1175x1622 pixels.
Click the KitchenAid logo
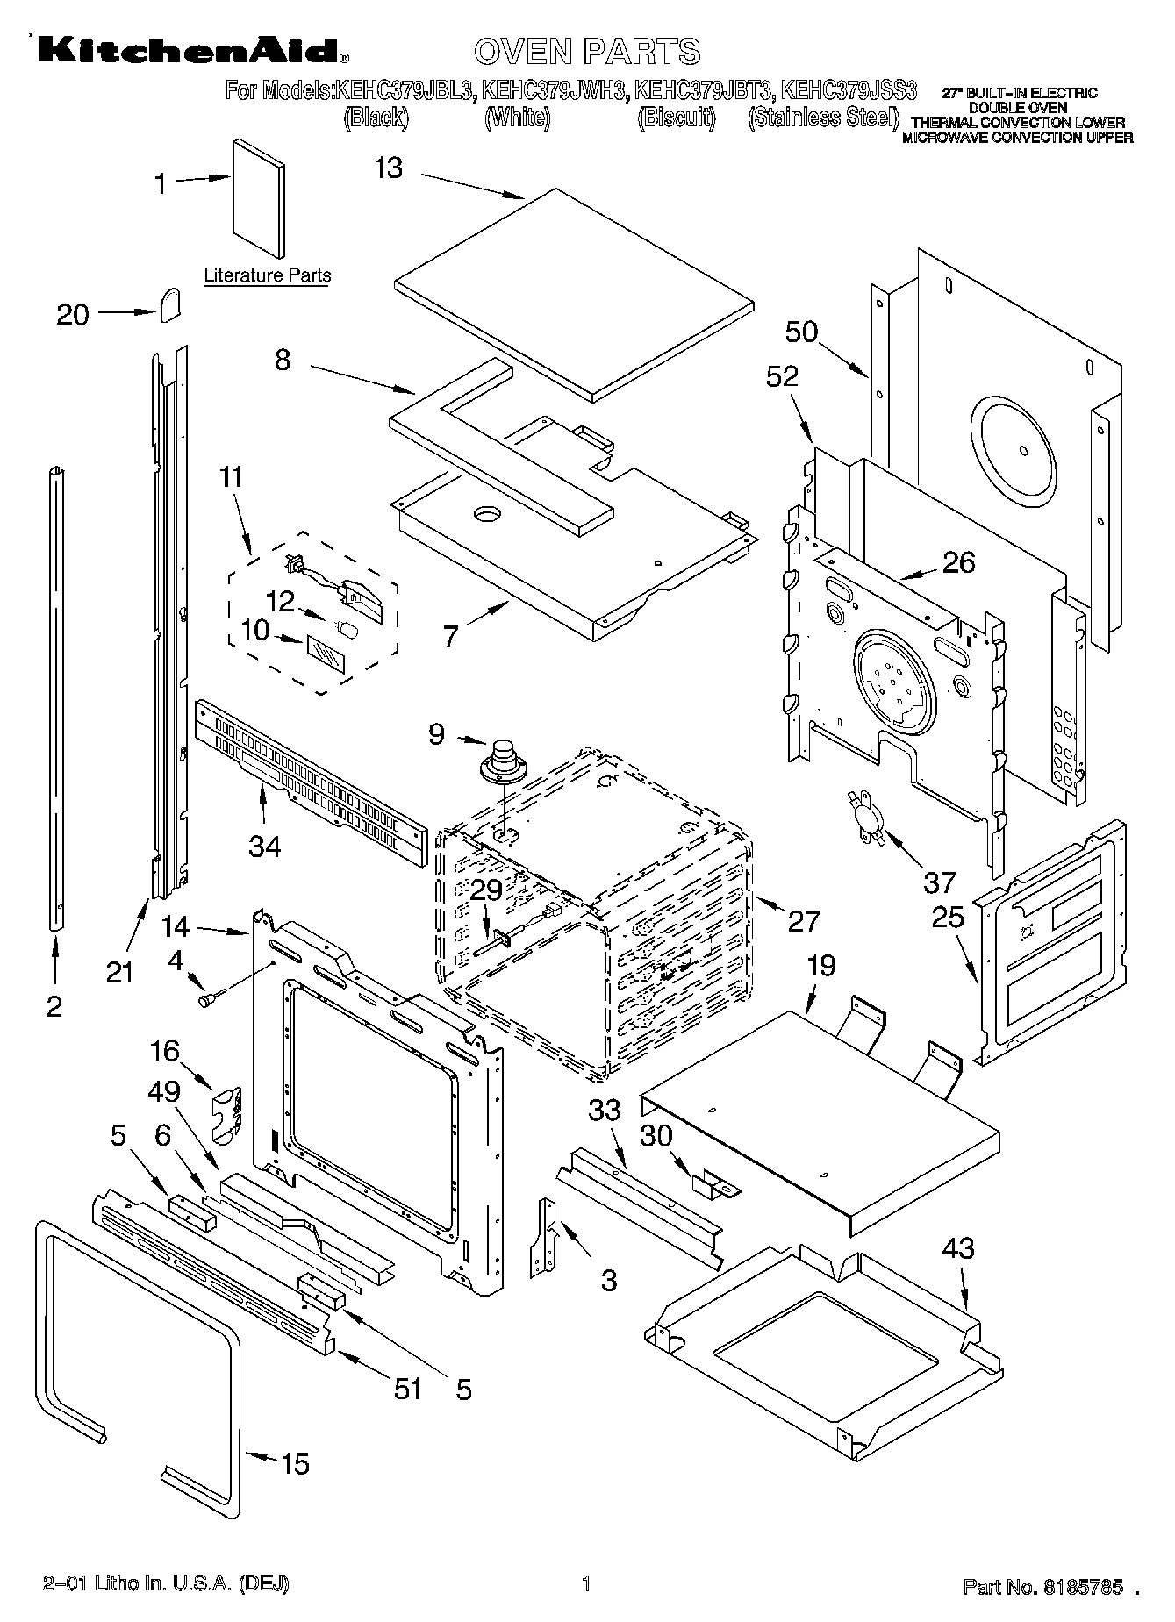pyautogui.click(x=189, y=52)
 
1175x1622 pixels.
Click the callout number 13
pyautogui.click(x=389, y=168)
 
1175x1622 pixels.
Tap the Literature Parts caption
pyautogui.click(x=268, y=275)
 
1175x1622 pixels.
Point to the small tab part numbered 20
pyautogui.click(x=170, y=304)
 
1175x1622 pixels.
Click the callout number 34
pyautogui.click(x=265, y=847)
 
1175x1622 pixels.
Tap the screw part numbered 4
pyautogui.click(x=211, y=997)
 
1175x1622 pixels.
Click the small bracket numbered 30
pyautogui.click(x=715, y=1186)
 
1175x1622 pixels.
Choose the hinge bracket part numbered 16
pyautogui.click(x=227, y=1113)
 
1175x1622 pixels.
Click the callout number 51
pyautogui.click(x=408, y=1389)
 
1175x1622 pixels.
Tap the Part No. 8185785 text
pyautogui.click(x=1043, y=1585)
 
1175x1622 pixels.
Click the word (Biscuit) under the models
pyautogui.click(x=677, y=118)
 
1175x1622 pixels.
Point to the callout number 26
pyautogui.click(x=957, y=563)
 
